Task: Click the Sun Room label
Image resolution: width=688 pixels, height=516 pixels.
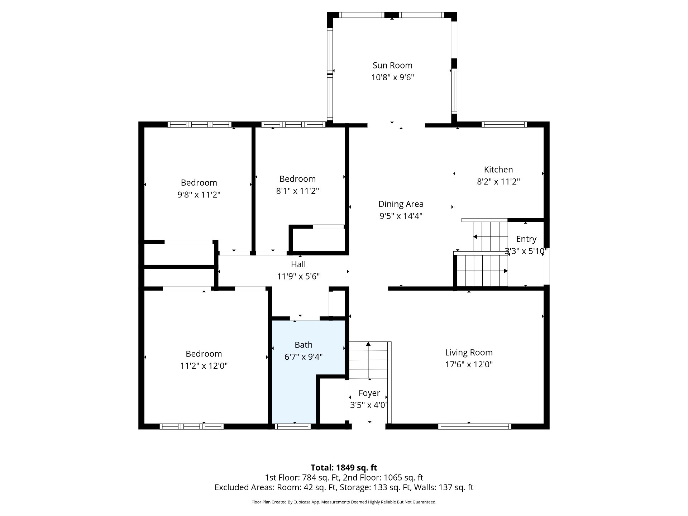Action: pos(392,65)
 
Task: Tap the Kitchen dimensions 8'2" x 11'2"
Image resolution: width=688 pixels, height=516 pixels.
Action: pos(498,181)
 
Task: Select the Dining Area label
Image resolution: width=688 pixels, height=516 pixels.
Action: pos(401,204)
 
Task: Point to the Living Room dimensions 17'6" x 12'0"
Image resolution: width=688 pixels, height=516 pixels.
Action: pos(469,364)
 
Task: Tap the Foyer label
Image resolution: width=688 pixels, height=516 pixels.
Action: pos(369,393)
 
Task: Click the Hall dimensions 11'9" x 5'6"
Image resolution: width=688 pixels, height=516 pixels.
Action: pos(298,276)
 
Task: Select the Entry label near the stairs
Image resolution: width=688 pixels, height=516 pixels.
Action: pos(526,239)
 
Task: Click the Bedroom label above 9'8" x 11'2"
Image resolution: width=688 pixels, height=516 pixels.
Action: pos(199,183)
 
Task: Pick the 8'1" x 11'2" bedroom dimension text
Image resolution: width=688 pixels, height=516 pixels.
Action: pos(297,191)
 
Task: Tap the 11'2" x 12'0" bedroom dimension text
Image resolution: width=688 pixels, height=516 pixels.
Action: pos(204,366)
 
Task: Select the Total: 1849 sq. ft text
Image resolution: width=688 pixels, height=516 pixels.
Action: pos(344,468)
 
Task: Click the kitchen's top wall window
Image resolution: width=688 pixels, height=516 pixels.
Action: pos(504,124)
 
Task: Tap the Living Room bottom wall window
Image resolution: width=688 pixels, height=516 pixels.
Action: pos(474,426)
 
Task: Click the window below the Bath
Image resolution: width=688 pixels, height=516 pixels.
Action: pos(293,426)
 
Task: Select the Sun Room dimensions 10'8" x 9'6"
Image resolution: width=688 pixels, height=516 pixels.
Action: pos(392,77)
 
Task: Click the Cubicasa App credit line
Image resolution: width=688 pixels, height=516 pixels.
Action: pos(344,502)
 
